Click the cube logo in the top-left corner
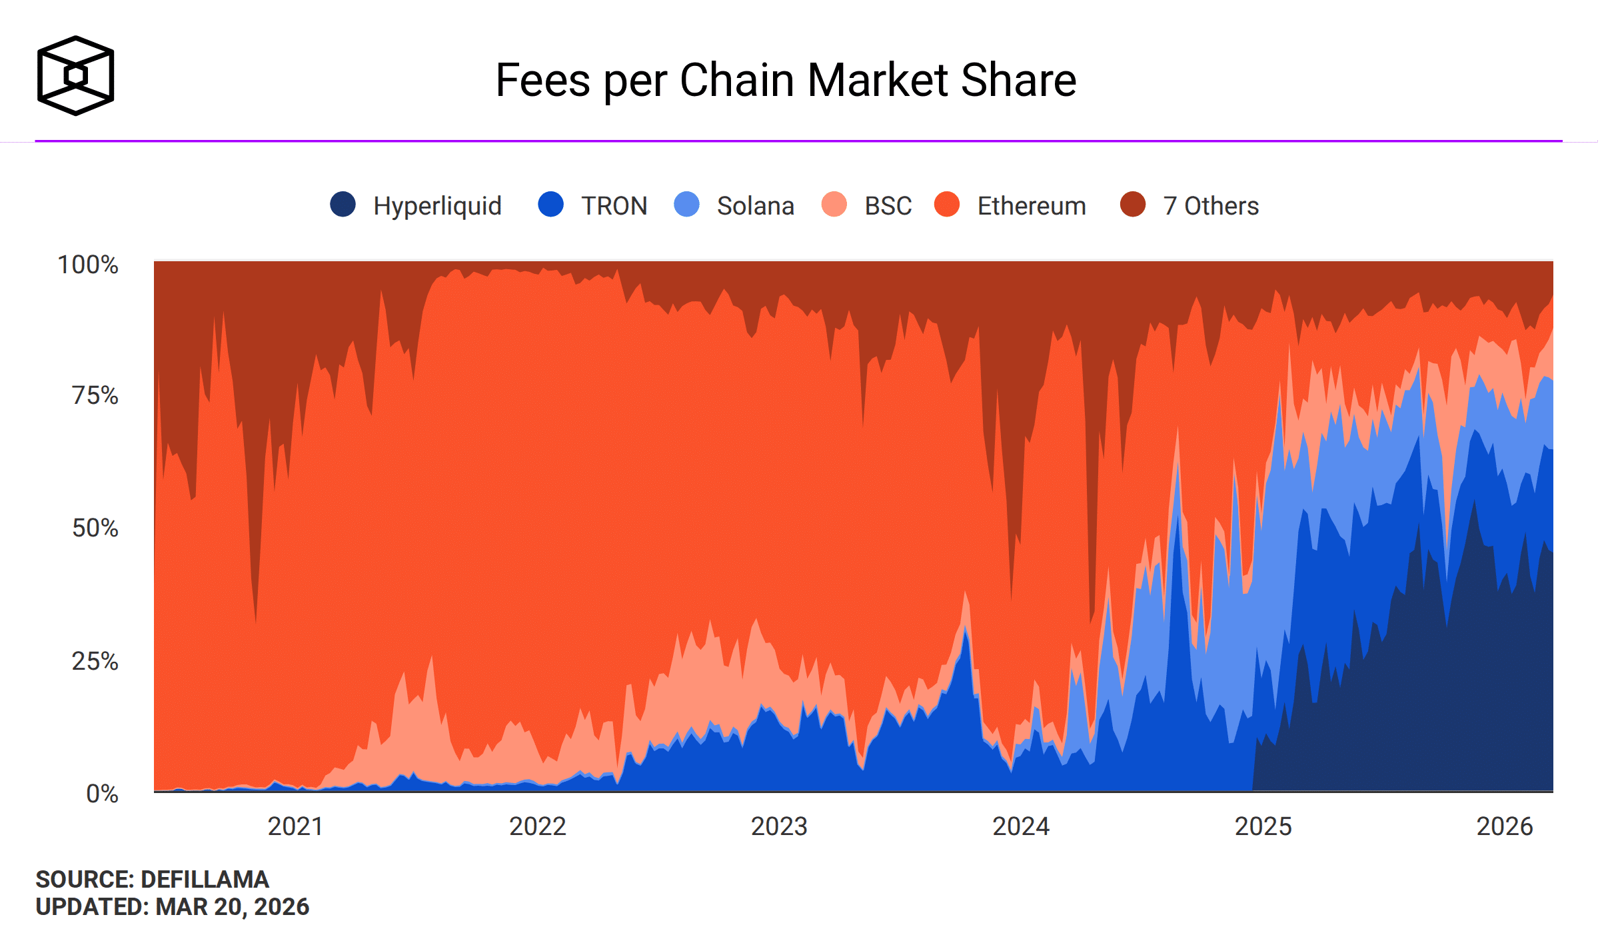tap(75, 75)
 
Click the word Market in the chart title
tap(878, 81)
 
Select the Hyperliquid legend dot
tap(343, 204)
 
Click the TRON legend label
tap(614, 206)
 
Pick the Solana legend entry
tap(755, 206)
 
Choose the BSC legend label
tap(888, 206)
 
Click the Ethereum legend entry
tap(1031, 206)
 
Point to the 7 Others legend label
tap(1211, 206)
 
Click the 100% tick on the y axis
tap(88, 265)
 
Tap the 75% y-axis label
tap(95, 395)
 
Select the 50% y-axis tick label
tap(95, 528)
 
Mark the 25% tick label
tap(95, 661)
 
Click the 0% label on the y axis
tap(102, 794)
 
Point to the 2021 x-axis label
tap(295, 826)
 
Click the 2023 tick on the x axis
tap(779, 826)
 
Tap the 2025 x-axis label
tap(1263, 826)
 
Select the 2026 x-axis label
tap(1505, 826)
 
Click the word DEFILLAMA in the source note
tap(205, 880)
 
